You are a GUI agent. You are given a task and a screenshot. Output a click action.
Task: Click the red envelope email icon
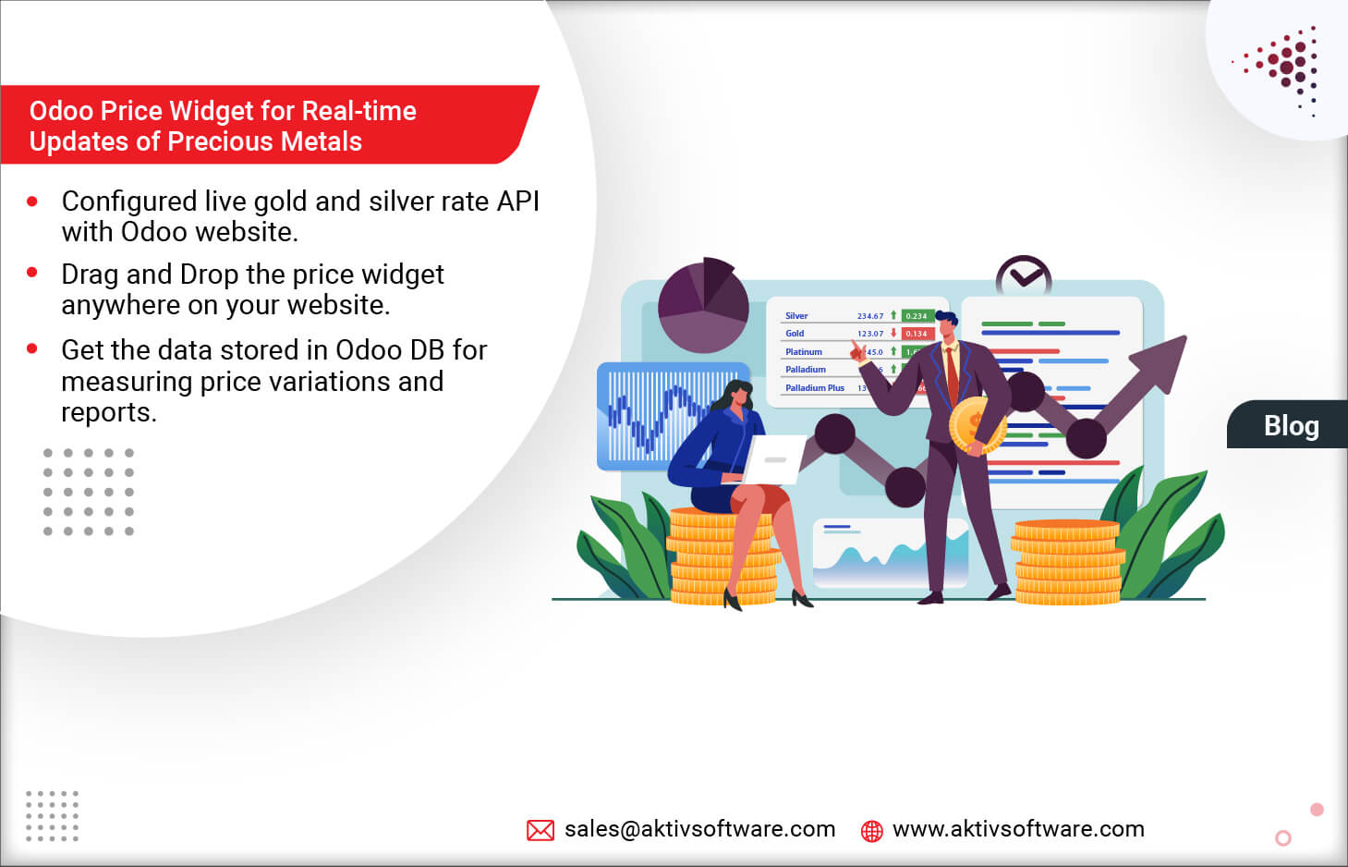point(540,830)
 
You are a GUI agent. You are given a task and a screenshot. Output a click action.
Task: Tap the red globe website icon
point(871,830)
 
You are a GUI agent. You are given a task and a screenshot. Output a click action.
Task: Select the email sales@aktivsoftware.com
point(699,829)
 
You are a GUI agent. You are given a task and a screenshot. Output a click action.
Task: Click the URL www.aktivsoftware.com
point(1018,829)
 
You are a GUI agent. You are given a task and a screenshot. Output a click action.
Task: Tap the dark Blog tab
point(1290,425)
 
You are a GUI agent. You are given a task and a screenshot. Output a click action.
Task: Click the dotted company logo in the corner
point(1285,69)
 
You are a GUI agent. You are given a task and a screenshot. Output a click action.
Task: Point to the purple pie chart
point(703,305)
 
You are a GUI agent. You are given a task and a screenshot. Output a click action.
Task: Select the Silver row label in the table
point(796,316)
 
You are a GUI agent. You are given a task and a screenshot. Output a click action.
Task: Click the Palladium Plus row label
point(814,388)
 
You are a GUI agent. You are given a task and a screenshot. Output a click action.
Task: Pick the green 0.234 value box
point(916,316)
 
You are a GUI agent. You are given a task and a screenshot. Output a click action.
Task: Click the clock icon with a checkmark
point(1023,275)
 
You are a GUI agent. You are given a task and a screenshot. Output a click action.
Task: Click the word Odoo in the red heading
point(61,111)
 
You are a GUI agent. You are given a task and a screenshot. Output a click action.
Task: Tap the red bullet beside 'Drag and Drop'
point(32,273)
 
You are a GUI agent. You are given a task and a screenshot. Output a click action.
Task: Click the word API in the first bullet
point(517,201)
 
